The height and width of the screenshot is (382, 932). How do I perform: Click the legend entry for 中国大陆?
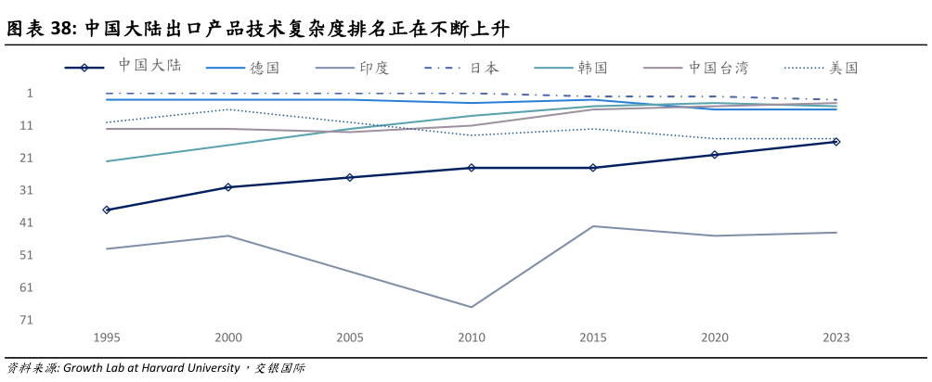point(149,67)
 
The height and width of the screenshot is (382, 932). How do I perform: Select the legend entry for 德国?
point(265,68)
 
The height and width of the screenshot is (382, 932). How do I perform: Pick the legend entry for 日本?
point(484,68)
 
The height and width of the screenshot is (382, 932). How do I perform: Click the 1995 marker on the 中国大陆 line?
point(107,210)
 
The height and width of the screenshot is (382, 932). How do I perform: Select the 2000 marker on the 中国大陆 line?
point(228,187)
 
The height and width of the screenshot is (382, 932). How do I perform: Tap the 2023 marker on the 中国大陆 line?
point(835,142)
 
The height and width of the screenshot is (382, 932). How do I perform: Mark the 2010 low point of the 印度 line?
point(472,307)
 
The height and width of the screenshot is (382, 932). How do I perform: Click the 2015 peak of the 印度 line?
point(593,226)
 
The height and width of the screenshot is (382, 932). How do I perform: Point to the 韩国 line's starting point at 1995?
point(107,161)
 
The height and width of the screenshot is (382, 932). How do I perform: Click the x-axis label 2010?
point(472,338)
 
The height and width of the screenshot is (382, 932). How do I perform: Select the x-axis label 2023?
point(835,338)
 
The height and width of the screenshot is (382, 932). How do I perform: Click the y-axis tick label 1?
point(30,93)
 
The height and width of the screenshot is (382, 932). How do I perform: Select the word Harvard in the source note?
point(176,368)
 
